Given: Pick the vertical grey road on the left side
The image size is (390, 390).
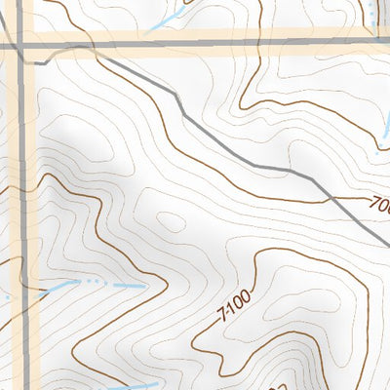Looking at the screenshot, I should click(20, 195).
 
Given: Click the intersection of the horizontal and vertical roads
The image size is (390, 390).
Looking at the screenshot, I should click(20, 45).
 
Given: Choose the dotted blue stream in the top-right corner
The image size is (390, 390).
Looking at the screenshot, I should click(374, 10).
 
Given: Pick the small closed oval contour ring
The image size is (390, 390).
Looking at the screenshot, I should click(170, 222).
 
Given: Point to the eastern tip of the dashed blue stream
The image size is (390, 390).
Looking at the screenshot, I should click(143, 287).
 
